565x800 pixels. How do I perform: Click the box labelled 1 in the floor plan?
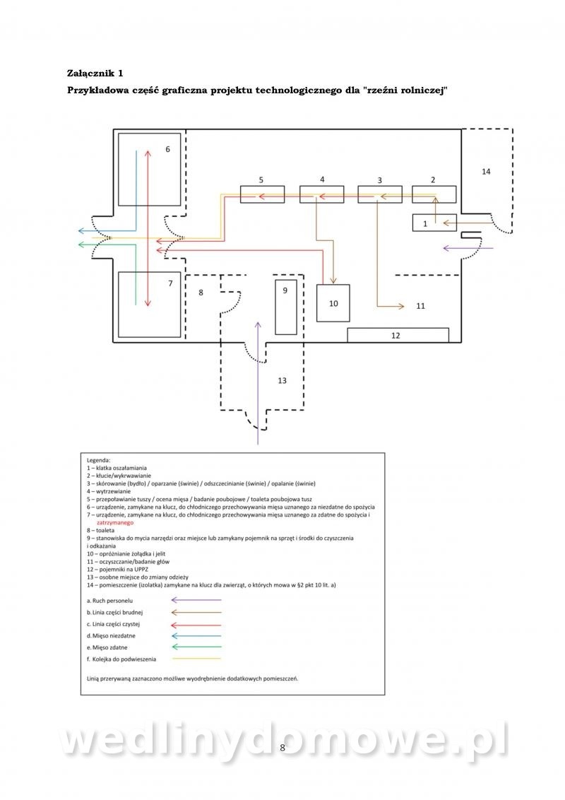click(424, 223)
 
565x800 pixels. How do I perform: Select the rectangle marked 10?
click(333, 302)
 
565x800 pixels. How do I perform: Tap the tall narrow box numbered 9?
click(285, 307)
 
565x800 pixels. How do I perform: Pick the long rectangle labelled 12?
click(398, 335)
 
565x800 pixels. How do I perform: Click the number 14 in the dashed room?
click(485, 171)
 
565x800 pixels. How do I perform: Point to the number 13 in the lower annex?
click(282, 381)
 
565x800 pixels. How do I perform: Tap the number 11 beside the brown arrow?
click(421, 306)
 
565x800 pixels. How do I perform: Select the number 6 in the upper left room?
click(167, 149)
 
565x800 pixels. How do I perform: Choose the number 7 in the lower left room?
click(169, 283)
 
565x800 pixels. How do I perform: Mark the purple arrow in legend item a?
click(196, 600)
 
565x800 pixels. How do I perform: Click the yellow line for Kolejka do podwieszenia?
click(196, 659)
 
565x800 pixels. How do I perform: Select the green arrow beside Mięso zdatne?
click(196, 647)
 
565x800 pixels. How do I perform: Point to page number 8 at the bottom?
click(282, 748)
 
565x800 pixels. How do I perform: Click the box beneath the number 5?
click(262, 194)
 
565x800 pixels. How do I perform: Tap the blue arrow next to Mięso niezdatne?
click(196, 635)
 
